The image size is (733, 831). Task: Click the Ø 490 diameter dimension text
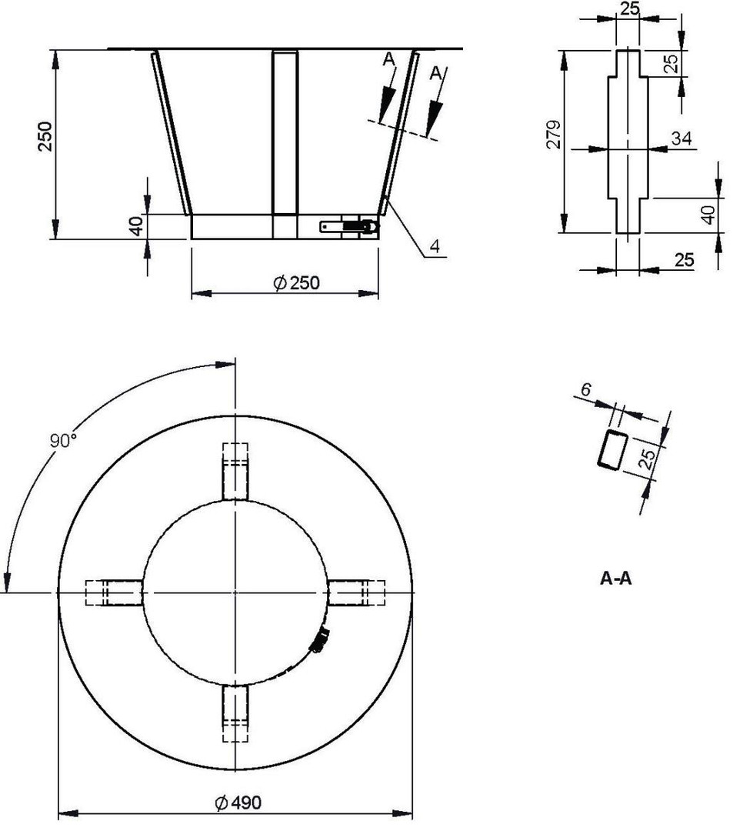pos(238,803)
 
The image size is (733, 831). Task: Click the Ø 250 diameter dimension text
pos(297,283)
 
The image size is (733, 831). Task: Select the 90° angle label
pos(64,440)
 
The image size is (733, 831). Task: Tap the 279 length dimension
pos(554,135)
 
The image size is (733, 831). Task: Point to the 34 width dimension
pos(681,138)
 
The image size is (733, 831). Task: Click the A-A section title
pos(616,578)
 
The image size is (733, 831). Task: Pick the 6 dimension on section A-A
pos(586,390)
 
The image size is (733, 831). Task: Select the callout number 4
pos(435,246)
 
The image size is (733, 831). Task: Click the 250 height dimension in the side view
pos(45,137)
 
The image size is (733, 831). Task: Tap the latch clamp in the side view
pos(350,226)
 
